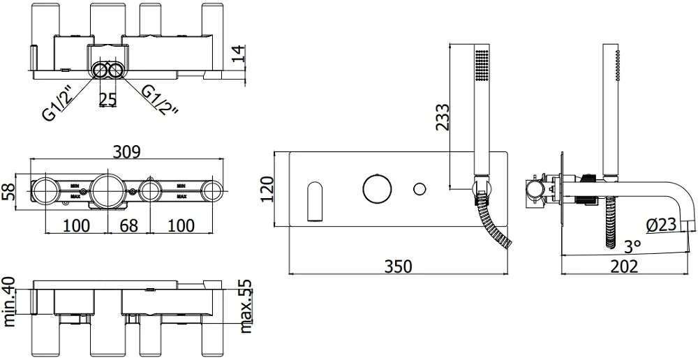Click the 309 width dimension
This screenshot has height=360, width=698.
click(x=127, y=151)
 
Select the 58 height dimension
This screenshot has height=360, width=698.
click(x=8, y=191)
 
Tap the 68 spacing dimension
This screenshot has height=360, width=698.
click(x=128, y=225)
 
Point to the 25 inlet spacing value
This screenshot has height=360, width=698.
click(x=107, y=99)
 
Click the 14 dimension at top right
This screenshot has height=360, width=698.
click(x=239, y=54)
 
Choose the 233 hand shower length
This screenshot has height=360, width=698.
click(x=443, y=117)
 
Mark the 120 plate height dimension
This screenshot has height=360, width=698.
click(x=267, y=189)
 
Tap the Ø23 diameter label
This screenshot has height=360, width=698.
click(x=661, y=225)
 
